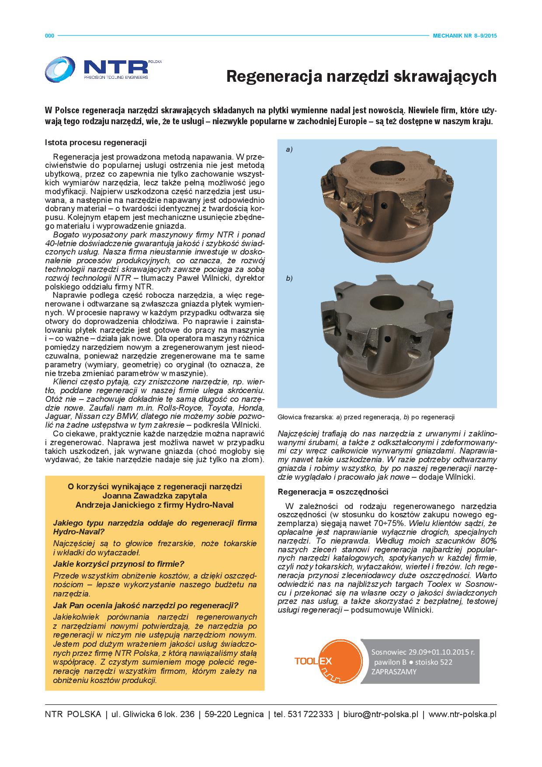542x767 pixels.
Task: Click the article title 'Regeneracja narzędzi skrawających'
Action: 361,77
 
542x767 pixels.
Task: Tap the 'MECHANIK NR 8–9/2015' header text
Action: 465,36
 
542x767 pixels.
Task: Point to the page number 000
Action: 49,36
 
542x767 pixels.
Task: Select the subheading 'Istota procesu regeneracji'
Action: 95,143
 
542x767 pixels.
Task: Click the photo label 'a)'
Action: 289,150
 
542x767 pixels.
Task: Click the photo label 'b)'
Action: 289,278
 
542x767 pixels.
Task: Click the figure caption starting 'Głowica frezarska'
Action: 366,417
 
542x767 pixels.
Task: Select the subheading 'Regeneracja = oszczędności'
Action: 333,492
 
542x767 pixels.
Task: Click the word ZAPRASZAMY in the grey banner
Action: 394,672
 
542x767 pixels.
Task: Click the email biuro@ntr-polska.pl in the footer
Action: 380,715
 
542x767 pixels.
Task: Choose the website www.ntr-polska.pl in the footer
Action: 462,715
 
